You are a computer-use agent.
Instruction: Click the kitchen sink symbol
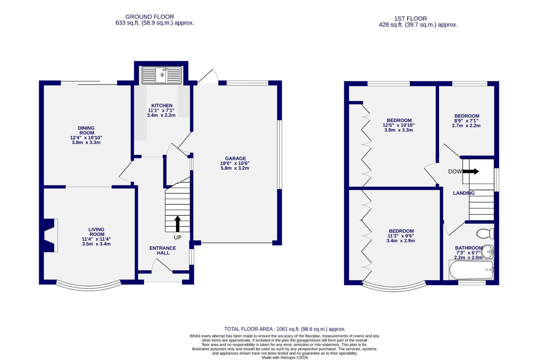(x=162, y=75)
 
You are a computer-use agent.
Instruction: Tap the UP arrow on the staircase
(x=178, y=224)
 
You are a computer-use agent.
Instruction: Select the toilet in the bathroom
(x=485, y=233)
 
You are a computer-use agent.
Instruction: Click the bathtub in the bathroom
(x=471, y=270)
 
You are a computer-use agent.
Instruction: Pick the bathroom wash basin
(x=488, y=252)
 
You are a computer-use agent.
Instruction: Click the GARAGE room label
(x=235, y=158)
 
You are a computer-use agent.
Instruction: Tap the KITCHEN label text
(x=162, y=105)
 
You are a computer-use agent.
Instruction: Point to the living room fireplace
(x=50, y=235)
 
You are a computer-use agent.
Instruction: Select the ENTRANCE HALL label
(x=163, y=250)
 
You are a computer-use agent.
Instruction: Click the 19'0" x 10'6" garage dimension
(x=235, y=163)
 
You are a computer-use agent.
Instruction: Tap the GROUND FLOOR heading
(x=150, y=17)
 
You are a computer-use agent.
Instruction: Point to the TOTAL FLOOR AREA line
(x=285, y=329)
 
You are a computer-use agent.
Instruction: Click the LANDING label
(x=464, y=193)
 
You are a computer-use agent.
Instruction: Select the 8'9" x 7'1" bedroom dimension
(x=466, y=121)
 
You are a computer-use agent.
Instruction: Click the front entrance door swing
(x=162, y=267)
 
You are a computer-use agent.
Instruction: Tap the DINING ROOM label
(x=86, y=130)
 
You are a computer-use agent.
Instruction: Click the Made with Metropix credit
(x=285, y=357)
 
